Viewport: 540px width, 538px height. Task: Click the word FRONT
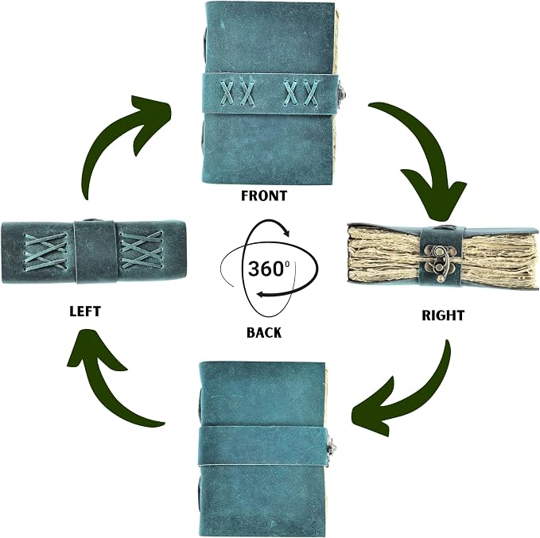(x=264, y=195)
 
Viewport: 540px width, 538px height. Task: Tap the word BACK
(x=264, y=332)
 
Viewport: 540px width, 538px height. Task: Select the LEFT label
(x=85, y=312)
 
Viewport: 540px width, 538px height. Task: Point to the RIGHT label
(x=443, y=315)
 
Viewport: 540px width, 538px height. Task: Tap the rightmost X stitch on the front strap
(x=311, y=93)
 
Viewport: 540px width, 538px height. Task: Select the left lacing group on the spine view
(x=45, y=251)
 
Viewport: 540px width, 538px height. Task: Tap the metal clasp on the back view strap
(x=331, y=448)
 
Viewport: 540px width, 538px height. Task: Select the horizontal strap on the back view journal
(x=262, y=446)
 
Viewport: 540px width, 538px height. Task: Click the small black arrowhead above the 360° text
(x=286, y=232)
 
